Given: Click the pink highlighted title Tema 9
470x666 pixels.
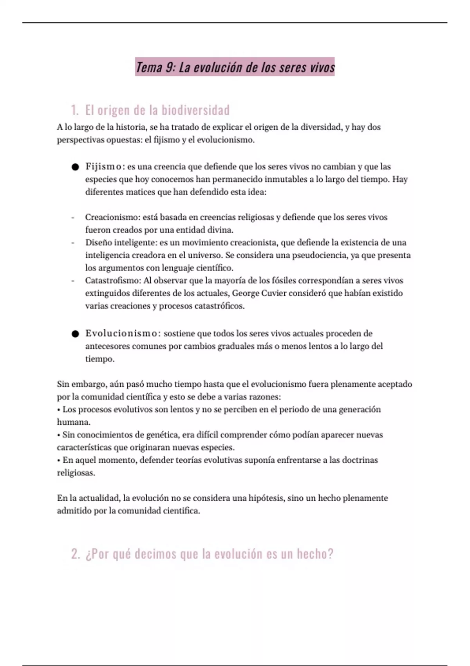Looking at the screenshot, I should click(x=235, y=67).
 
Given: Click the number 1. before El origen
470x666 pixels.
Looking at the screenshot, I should click(x=75, y=110).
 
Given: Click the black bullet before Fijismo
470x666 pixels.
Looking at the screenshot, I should click(x=75, y=167).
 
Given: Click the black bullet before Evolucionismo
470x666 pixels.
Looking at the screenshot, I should click(x=75, y=334).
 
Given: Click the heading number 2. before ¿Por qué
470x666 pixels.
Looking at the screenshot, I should click(x=76, y=554).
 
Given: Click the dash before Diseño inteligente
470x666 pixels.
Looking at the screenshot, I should click(x=73, y=243).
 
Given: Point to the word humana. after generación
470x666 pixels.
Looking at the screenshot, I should click(x=74, y=422).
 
